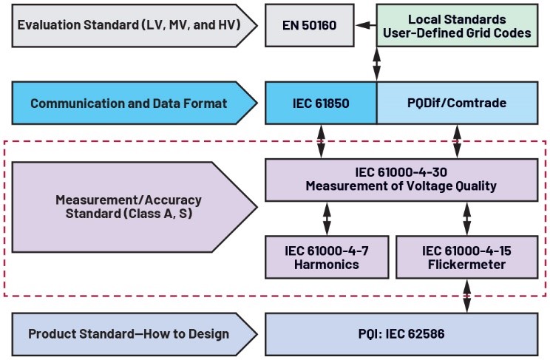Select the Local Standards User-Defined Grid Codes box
click(x=457, y=26)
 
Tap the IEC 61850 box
click(x=321, y=103)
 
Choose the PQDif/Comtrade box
click(x=457, y=103)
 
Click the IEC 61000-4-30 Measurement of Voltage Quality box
click(x=401, y=179)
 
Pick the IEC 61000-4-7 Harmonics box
click(x=327, y=257)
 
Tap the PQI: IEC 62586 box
click(x=401, y=333)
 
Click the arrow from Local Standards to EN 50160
click(x=364, y=26)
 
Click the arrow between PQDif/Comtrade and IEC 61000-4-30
click(x=458, y=141)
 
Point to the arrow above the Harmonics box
click(x=327, y=218)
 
